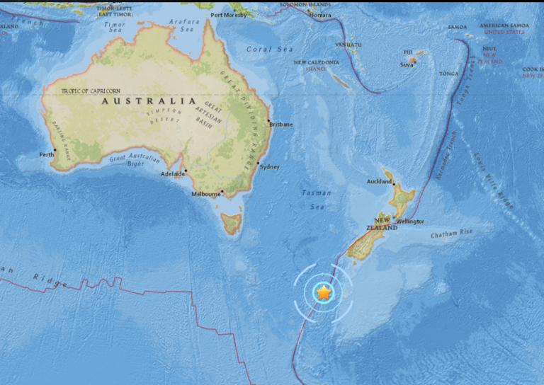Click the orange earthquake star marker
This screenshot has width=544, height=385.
pos(323,292)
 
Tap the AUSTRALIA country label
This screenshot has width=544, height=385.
pos(149,101)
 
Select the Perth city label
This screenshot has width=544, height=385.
pos(47,154)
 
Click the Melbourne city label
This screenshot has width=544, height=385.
pos(206,193)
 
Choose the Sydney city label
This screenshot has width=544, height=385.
pos(270,167)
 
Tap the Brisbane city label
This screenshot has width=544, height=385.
pos(281,125)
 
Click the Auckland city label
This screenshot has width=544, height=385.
pos(379,182)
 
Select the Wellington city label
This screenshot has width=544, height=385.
pos(410,222)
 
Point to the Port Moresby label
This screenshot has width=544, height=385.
pos(229,14)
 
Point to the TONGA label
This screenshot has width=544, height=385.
pos(449,73)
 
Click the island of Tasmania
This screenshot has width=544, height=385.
pos(231,224)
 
